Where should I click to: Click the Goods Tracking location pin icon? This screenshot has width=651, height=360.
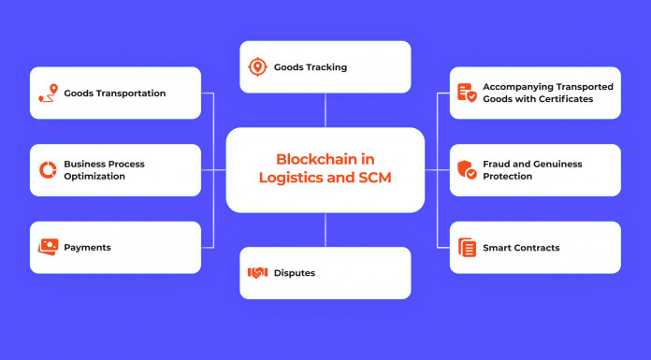[257, 67]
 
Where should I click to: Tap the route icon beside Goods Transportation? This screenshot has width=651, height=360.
[48, 93]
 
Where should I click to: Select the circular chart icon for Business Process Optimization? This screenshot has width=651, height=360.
[48, 170]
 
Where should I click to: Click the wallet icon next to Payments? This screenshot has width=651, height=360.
[48, 247]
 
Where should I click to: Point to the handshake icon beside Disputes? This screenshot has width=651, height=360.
[257, 273]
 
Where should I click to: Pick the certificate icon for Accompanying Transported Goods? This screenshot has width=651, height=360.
[467, 93]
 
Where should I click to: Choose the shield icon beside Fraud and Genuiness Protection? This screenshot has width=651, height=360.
[467, 170]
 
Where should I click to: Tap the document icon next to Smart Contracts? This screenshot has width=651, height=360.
[467, 248]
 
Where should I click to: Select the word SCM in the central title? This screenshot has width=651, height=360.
[373, 179]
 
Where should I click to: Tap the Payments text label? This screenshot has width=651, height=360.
[88, 248]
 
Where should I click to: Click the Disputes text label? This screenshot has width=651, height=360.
[295, 273]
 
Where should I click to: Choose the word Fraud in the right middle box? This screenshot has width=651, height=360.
[498, 165]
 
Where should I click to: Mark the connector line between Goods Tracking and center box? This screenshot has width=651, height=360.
[325, 109]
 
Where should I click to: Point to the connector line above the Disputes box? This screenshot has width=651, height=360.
[325, 230]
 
